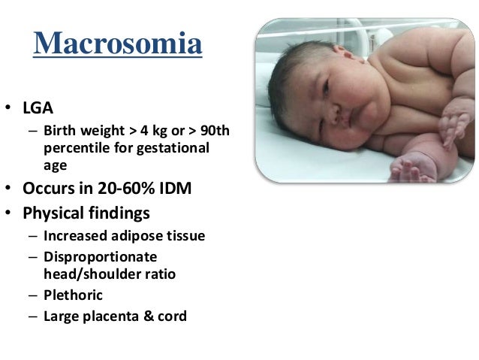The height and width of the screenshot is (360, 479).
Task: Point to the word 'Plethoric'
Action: [73, 295]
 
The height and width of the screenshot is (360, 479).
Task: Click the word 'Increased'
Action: [74, 236]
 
